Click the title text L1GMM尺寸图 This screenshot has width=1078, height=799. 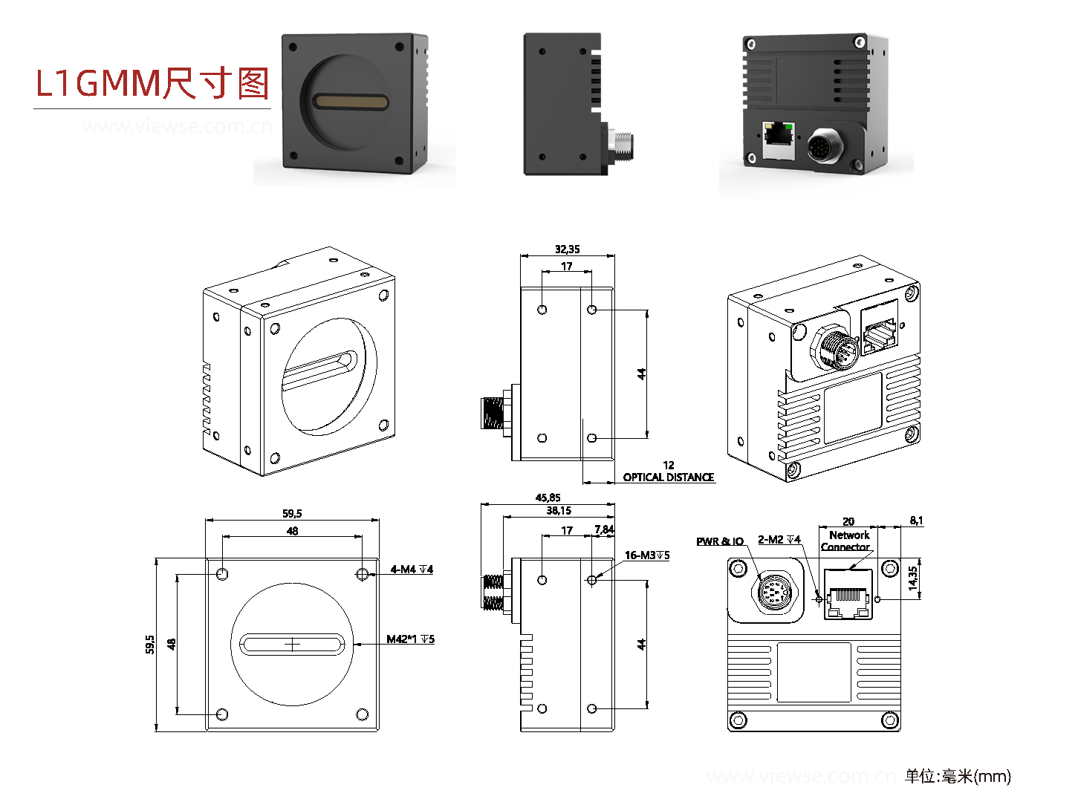pos(152,83)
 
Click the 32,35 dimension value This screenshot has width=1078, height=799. pos(567,250)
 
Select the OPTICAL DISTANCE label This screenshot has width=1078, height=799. pos(668,477)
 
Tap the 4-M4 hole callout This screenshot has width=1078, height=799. pos(412,570)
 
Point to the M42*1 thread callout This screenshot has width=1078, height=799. pos(410,639)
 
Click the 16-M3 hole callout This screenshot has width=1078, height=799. pos(646,555)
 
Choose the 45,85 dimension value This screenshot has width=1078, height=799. pos(548,498)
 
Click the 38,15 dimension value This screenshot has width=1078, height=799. pos(559,511)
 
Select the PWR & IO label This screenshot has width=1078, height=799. pos(719,541)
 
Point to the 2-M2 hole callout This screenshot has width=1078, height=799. pos(779,540)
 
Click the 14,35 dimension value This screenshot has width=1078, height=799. pos(913,578)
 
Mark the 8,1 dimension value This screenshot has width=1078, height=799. pos(916,521)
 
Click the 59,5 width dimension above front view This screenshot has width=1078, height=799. pos(292,514)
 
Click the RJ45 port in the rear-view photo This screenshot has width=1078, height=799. pos(778,139)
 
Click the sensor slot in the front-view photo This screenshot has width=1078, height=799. pos(351,102)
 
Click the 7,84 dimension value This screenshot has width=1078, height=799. pos(604,529)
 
